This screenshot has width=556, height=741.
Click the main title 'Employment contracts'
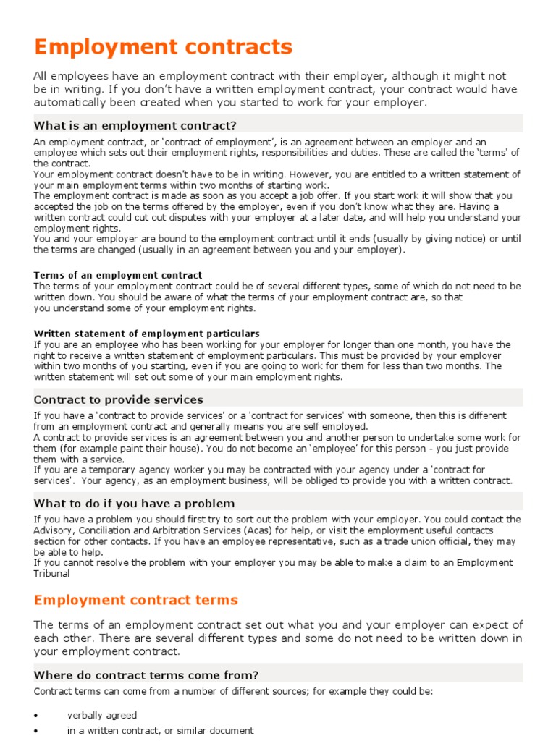(x=164, y=48)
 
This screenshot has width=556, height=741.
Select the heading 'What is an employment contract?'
(x=135, y=125)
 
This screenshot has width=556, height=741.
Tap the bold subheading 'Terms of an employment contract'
(x=118, y=275)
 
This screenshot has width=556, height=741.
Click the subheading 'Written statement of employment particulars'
(x=146, y=334)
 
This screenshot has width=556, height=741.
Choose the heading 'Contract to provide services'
(x=119, y=399)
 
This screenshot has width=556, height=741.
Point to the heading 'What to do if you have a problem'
(x=134, y=503)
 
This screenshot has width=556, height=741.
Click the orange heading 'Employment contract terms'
(x=136, y=600)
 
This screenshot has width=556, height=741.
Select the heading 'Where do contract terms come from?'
(x=146, y=675)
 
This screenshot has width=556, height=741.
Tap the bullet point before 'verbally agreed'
(x=36, y=716)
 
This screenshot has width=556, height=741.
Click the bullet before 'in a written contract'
(x=36, y=732)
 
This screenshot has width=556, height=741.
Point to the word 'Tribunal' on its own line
(x=52, y=574)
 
